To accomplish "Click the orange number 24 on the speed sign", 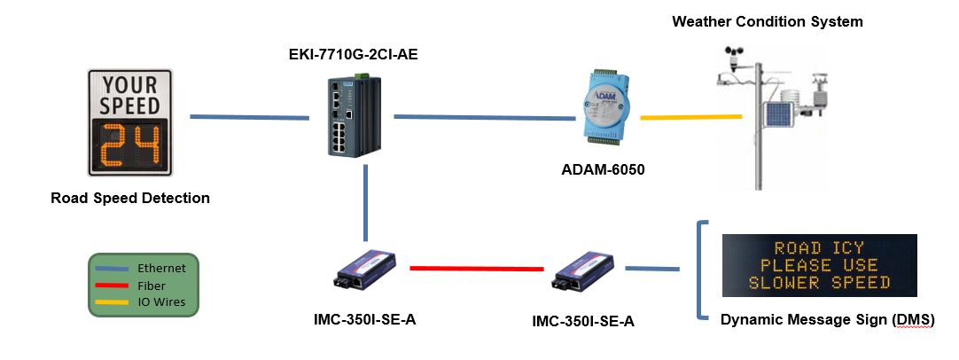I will coord(129,145).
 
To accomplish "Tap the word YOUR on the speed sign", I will coord(129,86).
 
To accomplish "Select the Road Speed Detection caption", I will coord(130,198).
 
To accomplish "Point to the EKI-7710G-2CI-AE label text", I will coord(353,55).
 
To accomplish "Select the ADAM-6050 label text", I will coord(603,168).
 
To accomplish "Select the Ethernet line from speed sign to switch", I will coord(249,116).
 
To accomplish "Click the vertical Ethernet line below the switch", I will coord(365,204).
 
